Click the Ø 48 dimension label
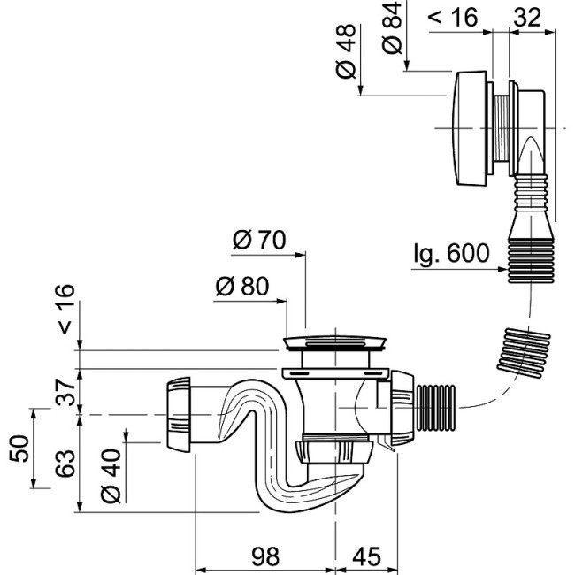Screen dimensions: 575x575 [347, 55]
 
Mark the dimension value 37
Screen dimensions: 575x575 [65, 390]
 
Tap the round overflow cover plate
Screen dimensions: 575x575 [470, 127]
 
